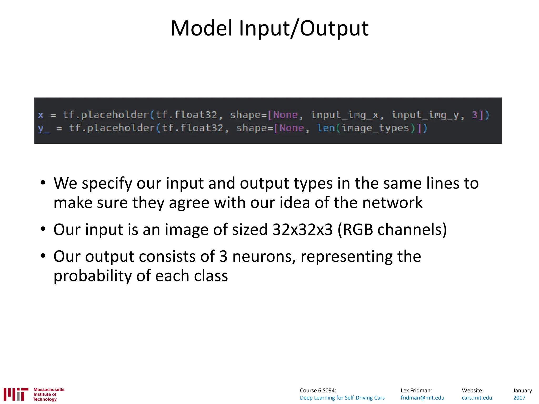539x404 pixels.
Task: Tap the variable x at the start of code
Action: (41, 115)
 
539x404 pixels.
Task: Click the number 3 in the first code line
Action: (475, 115)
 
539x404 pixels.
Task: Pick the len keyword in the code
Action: (326, 128)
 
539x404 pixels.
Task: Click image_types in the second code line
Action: (376, 128)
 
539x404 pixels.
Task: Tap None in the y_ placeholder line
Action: (292, 128)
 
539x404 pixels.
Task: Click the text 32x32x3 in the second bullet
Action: (303, 229)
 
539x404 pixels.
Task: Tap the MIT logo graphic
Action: (16, 394)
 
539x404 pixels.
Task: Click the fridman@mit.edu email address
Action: (422, 398)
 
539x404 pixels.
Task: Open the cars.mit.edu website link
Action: (477, 398)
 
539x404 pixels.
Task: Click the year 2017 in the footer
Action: (519, 398)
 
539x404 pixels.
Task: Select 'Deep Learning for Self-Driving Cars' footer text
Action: (342, 398)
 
